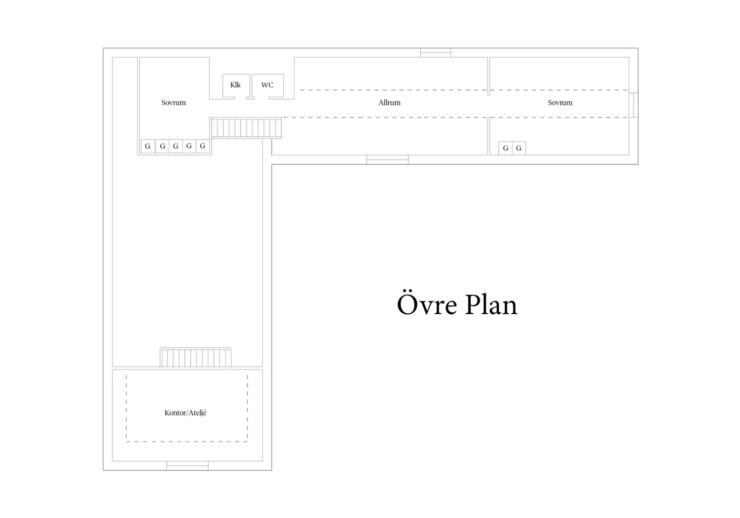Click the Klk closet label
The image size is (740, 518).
[x=235, y=85]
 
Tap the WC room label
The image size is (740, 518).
[x=267, y=85]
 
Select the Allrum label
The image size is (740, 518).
[x=389, y=103]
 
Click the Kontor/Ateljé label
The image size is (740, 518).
[x=185, y=412]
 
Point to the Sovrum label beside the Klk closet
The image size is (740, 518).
[x=174, y=103]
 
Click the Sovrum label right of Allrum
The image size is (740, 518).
[x=560, y=103]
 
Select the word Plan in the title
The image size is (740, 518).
[x=491, y=304]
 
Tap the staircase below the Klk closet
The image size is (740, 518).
[x=247, y=128]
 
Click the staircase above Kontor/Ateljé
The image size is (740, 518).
[x=196, y=357]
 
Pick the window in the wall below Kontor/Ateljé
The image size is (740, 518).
[x=187, y=466]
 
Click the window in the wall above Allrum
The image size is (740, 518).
[x=436, y=52]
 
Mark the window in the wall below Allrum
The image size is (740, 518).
[x=387, y=159]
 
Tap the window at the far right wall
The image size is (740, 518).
[x=633, y=105]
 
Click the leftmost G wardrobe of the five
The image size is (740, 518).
[x=148, y=146]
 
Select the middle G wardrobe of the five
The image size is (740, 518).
[x=176, y=146]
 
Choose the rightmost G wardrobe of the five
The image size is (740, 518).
[x=202, y=146]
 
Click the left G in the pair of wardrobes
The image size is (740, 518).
[x=506, y=148]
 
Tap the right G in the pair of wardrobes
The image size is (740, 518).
[x=518, y=148]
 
